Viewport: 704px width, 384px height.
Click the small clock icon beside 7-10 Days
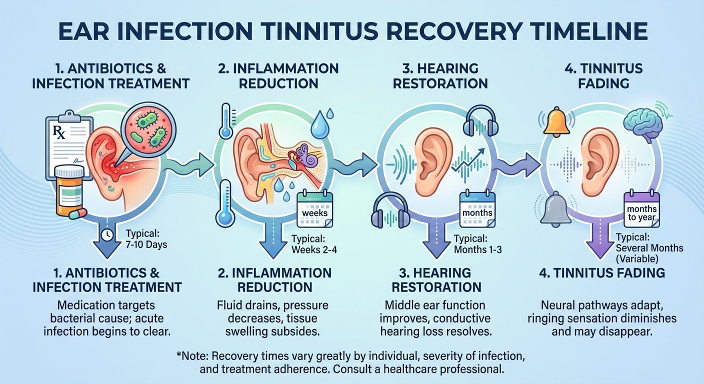click(x=106, y=234)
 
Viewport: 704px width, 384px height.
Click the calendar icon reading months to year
click(x=641, y=210)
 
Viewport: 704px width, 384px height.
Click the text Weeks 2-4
click(x=313, y=249)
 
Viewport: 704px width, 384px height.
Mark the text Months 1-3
click(x=477, y=249)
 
